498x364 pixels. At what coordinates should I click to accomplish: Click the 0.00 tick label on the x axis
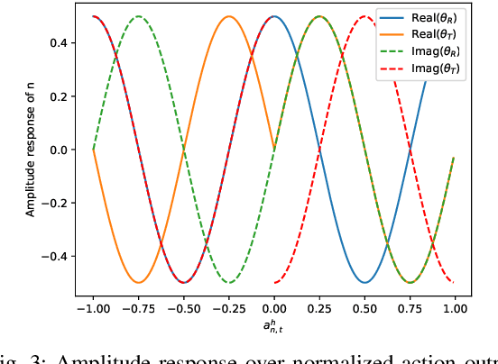coord(275,308)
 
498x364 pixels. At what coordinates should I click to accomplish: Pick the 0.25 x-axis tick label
coord(320,308)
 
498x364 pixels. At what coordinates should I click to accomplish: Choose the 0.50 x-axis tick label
coord(365,308)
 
